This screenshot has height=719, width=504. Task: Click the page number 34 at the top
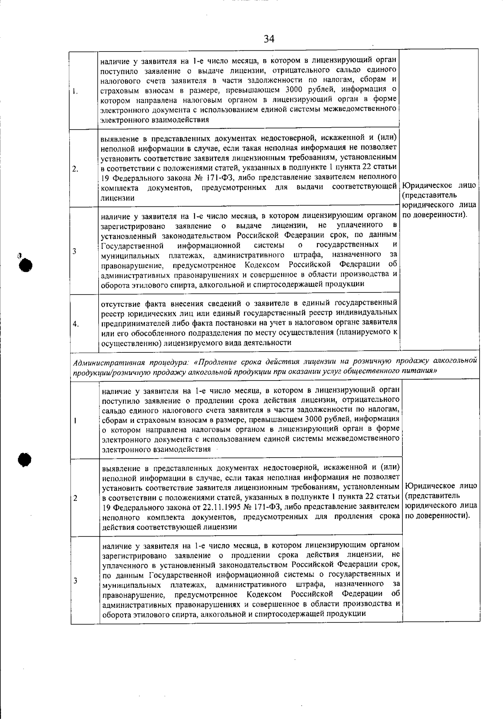(x=269, y=39)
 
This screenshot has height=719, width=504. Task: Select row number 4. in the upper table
(x=76, y=323)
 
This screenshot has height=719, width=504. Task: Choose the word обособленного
(x=169, y=333)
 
